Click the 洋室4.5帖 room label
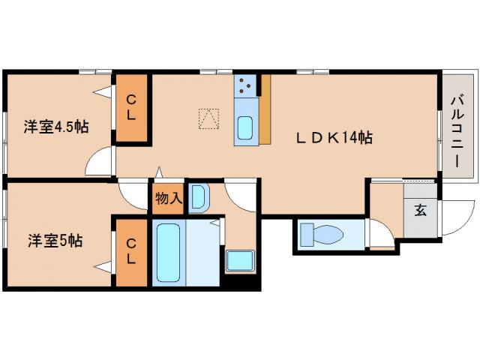click(x=56, y=127)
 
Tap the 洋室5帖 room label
click(x=55, y=241)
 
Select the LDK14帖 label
click(x=334, y=138)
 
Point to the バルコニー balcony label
click(x=457, y=132)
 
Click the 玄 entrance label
click(x=421, y=210)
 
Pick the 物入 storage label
click(x=169, y=199)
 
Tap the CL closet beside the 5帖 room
click(x=131, y=252)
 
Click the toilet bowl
click(x=322, y=235)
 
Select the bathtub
click(x=168, y=253)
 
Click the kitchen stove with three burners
click(x=245, y=86)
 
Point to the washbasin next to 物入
click(x=199, y=198)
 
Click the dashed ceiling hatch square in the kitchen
click(x=208, y=118)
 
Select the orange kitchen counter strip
click(x=265, y=109)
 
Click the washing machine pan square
click(x=240, y=260)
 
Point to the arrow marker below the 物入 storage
click(x=158, y=172)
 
